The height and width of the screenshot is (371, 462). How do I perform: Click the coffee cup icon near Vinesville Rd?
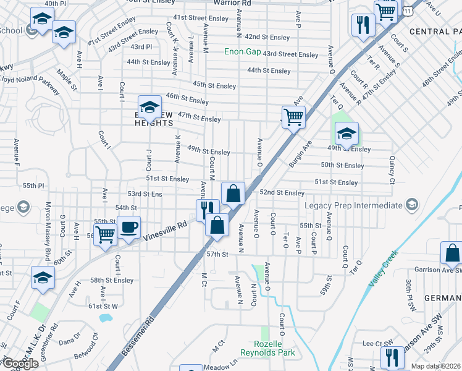[129, 227]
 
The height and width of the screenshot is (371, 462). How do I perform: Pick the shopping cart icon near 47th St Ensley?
[293, 116]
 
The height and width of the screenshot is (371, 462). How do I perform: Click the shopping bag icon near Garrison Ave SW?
[452, 252]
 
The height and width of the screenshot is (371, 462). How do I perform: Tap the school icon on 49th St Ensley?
[346, 132]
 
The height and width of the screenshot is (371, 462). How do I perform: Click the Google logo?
[20, 364]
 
